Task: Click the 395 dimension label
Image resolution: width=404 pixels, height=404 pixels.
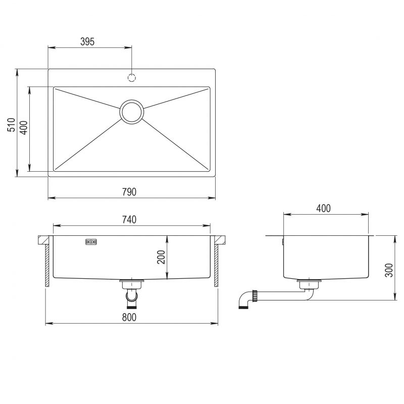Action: click(87, 41)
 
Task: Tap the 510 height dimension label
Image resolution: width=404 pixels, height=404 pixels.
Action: click(11, 125)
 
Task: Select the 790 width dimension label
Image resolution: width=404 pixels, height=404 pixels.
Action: click(129, 192)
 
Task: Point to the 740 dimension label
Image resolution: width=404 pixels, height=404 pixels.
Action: click(129, 220)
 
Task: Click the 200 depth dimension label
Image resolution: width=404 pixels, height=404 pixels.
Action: click(161, 257)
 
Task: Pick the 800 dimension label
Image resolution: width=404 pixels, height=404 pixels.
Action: click(129, 317)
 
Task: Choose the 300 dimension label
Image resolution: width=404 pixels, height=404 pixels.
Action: click(389, 270)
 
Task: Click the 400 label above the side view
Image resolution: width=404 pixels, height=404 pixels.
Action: click(323, 208)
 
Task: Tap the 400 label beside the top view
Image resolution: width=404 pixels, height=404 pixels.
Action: click(24, 128)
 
